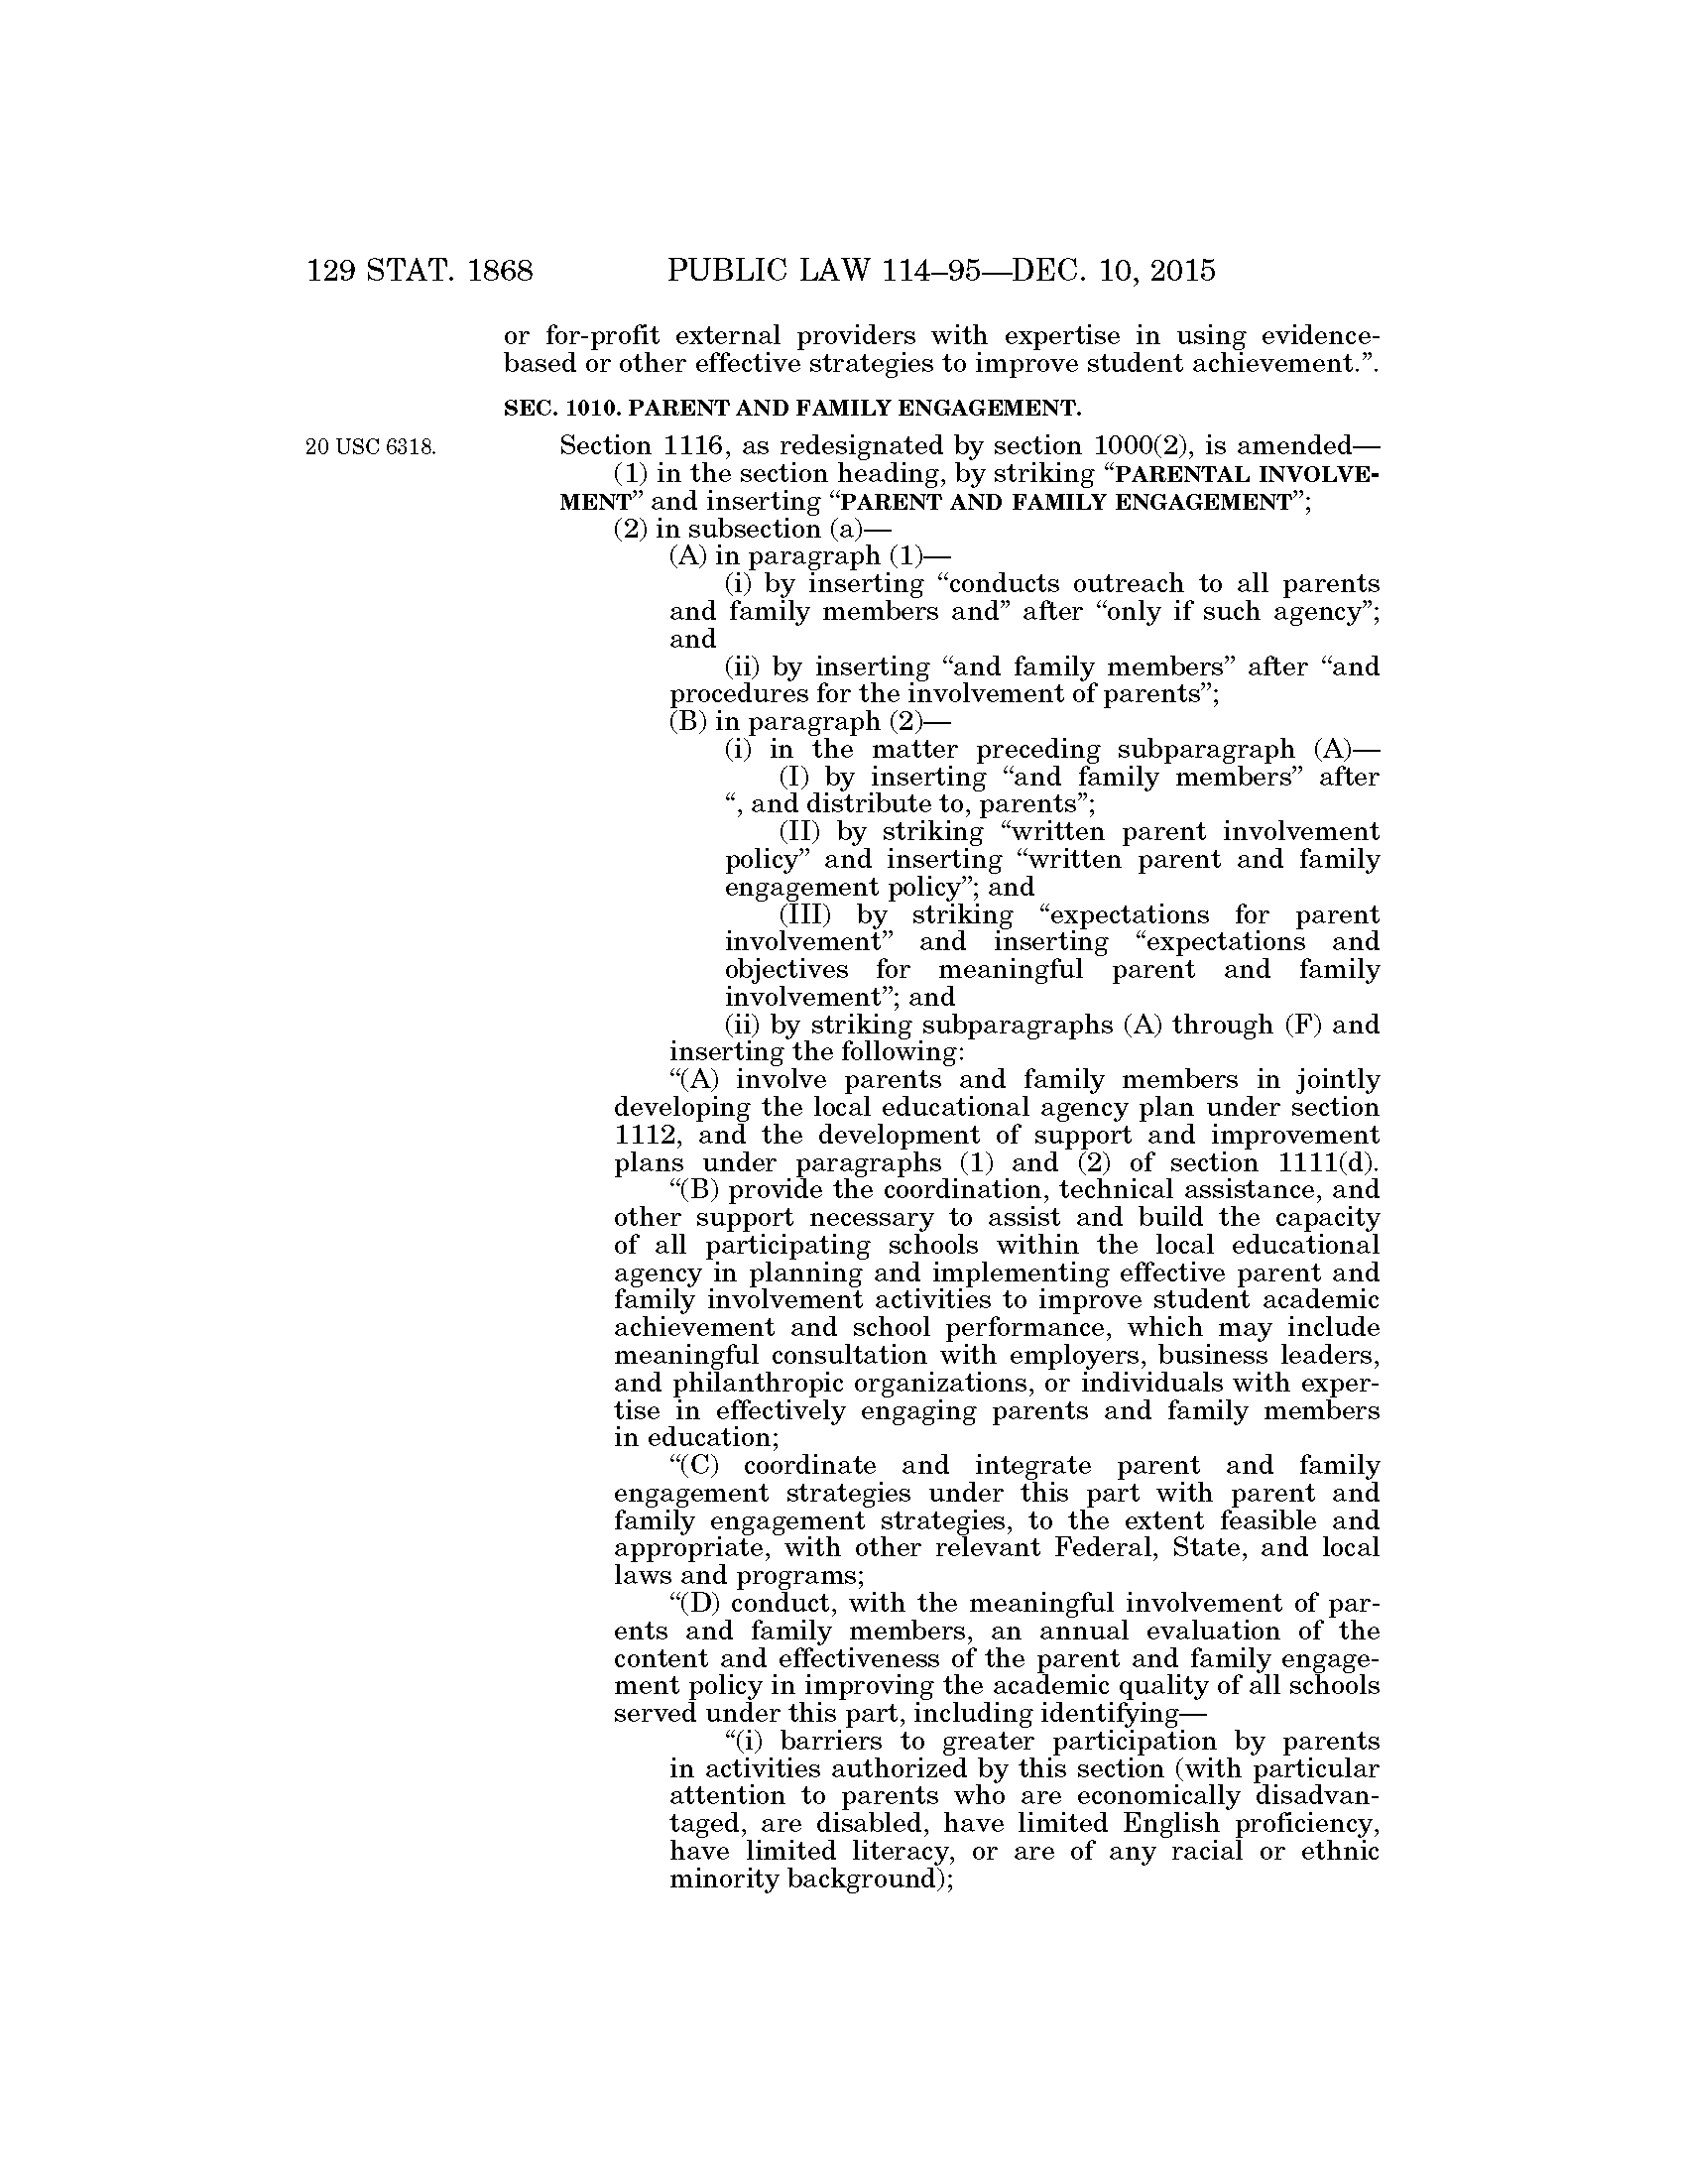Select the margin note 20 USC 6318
(371, 446)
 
